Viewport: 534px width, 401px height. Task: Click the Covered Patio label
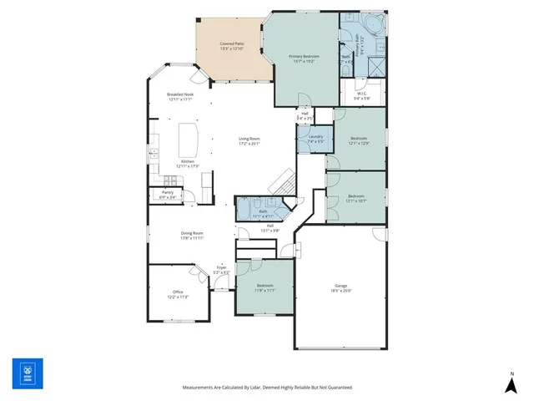[x=232, y=43]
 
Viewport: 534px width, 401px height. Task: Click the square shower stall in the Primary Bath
[x=375, y=64]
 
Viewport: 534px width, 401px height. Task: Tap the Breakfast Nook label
[x=180, y=94]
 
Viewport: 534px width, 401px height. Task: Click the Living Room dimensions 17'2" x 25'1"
[x=249, y=144]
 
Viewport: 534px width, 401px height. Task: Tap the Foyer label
[x=221, y=267]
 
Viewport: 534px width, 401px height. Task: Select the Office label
[x=178, y=292]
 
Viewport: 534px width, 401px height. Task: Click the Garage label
[x=340, y=285]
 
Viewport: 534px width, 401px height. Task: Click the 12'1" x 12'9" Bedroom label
[x=358, y=138]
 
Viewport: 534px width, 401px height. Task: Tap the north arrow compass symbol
[x=511, y=384]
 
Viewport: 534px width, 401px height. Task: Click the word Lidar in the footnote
[x=251, y=388]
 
